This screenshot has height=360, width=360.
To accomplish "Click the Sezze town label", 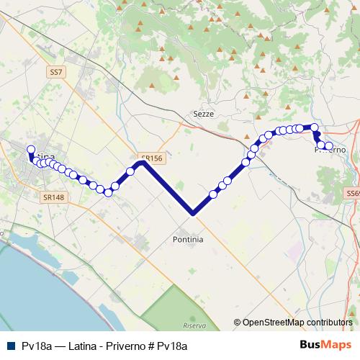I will pos(204,114).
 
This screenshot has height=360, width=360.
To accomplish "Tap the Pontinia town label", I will pos(189,238).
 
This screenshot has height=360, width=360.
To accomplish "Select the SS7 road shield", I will pos(57,72).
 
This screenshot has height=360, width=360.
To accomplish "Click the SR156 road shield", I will pos(152,158).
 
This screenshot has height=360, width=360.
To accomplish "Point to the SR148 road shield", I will pos(53,197).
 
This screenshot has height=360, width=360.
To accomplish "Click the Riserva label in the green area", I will pos(194,326).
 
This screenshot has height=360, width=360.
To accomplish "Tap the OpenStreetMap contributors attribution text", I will pos(297,323).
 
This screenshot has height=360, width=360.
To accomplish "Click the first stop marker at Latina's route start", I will pos(31,150).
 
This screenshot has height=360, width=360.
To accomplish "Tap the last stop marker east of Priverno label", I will pos(329,146).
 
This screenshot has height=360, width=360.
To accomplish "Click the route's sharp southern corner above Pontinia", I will pos(193,213).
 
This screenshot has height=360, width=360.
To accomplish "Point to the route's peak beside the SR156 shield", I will pos(143,163).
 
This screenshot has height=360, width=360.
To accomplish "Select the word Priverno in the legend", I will pos(125,346).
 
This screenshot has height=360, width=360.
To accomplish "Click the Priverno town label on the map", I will pos(330,150).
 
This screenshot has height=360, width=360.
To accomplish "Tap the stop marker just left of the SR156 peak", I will pos(130,171).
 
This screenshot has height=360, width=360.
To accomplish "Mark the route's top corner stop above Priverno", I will pos(315,127).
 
